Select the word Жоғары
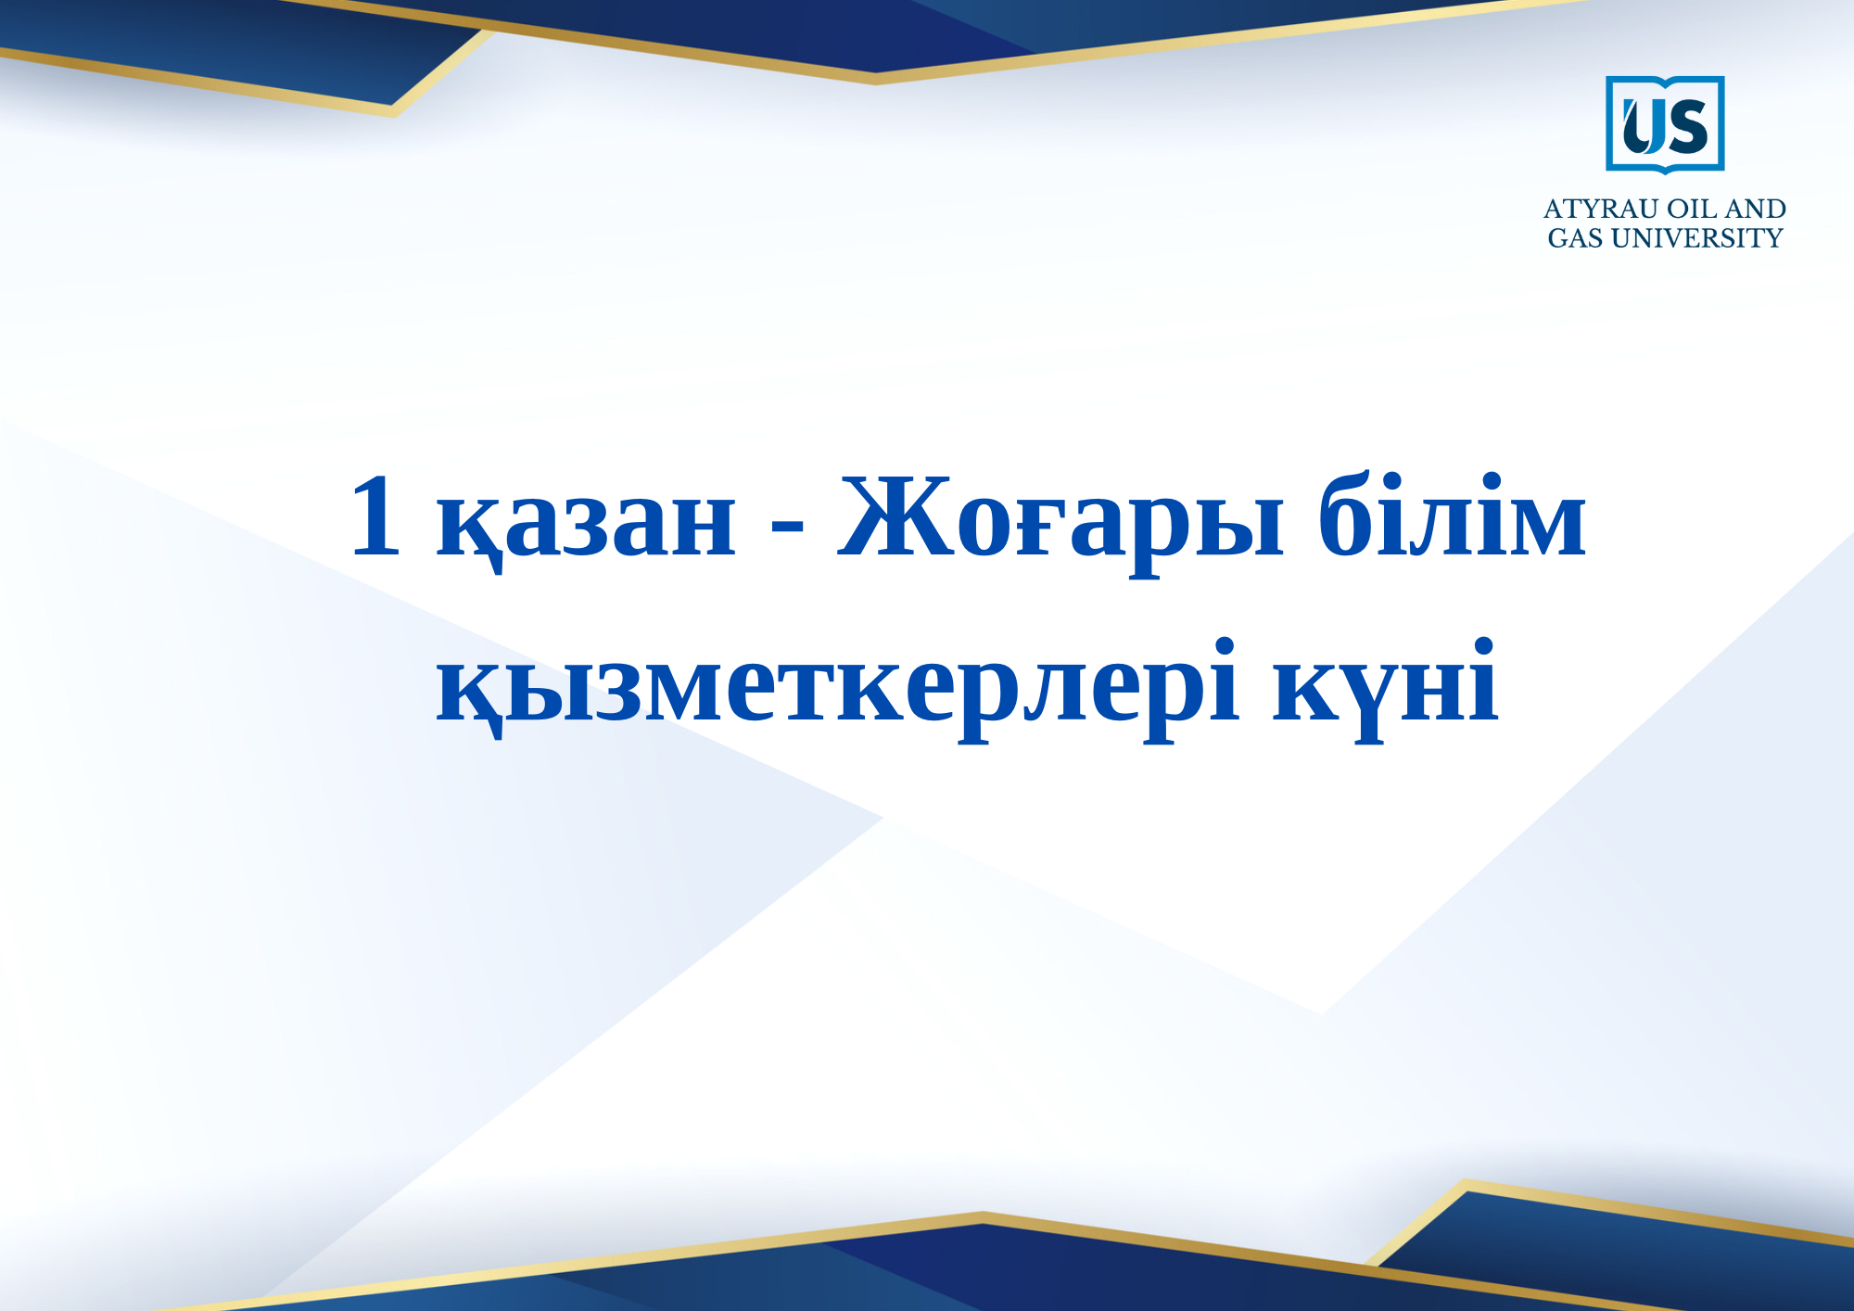[1060, 524]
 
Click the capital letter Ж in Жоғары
[896, 515]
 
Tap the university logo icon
[1665, 125]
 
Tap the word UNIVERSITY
[1697, 238]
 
